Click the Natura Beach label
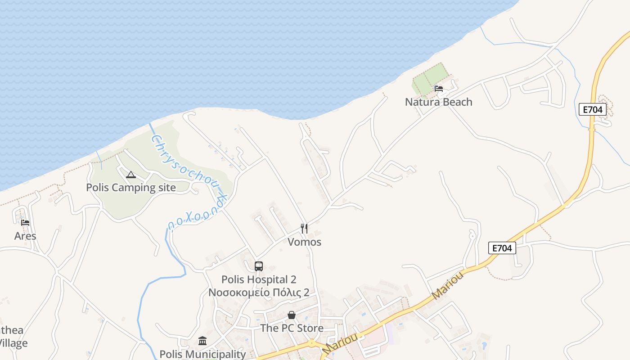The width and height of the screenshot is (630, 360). pyautogui.click(x=438, y=102)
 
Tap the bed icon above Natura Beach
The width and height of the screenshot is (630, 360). pyautogui.click(x=439, y=89)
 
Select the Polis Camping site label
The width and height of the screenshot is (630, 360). pyautogui.click(x=131, y=188)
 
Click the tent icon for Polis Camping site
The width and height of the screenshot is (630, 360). pyautogui.click(x=131, y=175)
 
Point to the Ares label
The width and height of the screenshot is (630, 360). pyautogui.click(x=25, y=236)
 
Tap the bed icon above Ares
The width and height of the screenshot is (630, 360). pyautogui.click(x=25, y=222)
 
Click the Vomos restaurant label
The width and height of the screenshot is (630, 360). pyautogui.click(x=305, y=242)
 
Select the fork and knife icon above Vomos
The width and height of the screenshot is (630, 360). pyautogui.click(x=305, y=229)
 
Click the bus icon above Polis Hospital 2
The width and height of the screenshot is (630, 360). pyautogui.click(x=258, y=266)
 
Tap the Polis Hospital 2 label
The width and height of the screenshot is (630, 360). pyautogui.click(x=259, y=279)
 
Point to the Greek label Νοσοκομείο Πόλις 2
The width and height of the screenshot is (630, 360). pyautogui.click(x=259, y=292)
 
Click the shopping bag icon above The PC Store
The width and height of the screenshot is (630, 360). pyautogui.click(x=292, y=315)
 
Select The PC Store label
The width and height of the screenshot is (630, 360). pyautogui.click(x=292, y=328)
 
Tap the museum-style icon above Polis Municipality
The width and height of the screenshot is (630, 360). pyautogui.click(x=202, y=341)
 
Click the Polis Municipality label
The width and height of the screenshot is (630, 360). pyautogui.click(x=202, y=354)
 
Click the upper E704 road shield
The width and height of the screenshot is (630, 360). pyautogui.click(x=593, y=109)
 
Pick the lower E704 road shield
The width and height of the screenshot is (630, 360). pyautogui.click(x=502, y=248)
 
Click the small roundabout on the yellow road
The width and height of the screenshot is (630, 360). pyautogui.click(x=311, y=344)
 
